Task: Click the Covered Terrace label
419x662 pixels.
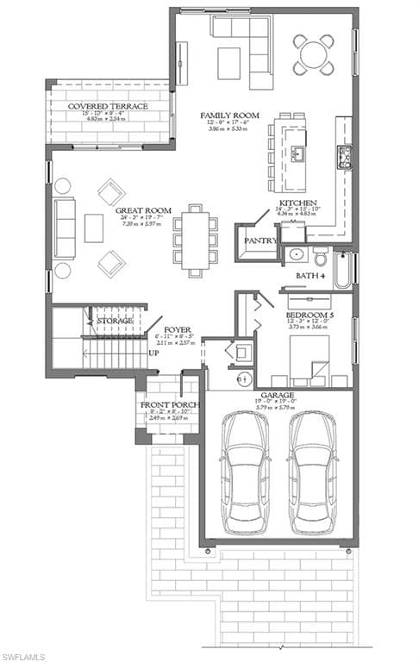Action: (108, 106)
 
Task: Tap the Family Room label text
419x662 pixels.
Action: (229, 115)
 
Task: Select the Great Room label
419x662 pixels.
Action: (143, 210)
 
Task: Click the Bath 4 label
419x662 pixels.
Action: (310, 275)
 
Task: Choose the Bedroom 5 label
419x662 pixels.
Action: (309, 315)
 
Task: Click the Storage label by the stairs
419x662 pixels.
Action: (114, 321)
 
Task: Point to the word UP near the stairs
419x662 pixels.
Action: (153, 353)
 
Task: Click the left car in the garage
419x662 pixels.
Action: (245, 472)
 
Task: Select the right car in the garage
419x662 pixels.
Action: (311, 472)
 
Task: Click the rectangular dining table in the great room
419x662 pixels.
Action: (195, 240)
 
